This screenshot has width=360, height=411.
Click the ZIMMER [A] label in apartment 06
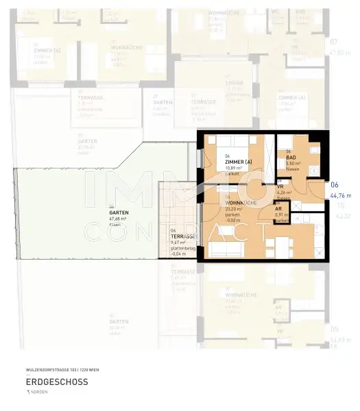click(x=239, y=161)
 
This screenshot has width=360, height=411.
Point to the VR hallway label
click(x=280, y=187)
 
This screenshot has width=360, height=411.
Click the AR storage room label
click(x=279, y=209)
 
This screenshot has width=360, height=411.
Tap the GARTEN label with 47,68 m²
click(x=119, y=212)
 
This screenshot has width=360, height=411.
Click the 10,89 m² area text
click(x=236, y=167)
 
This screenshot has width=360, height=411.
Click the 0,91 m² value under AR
click(x=282, y=215)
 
